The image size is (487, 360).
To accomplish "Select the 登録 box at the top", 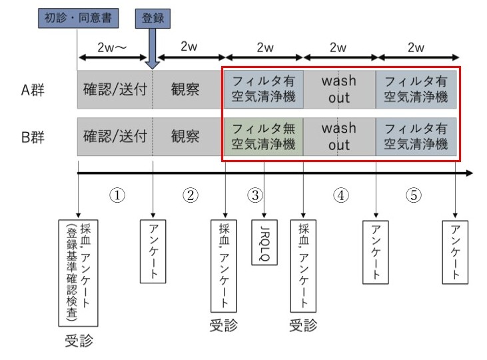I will click(153, 18).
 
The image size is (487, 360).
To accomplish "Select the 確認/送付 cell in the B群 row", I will click(115, 137).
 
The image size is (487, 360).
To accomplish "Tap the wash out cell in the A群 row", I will click(338, 89).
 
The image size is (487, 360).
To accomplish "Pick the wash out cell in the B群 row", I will click(338, 136).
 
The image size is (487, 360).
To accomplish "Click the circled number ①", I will click(117, 195).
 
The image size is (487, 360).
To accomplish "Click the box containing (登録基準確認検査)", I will click(78, 271).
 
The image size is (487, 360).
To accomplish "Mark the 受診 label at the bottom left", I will click(78, 342).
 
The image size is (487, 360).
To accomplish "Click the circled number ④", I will click(340, 195).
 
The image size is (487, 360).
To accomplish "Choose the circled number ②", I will click(191, 195).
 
